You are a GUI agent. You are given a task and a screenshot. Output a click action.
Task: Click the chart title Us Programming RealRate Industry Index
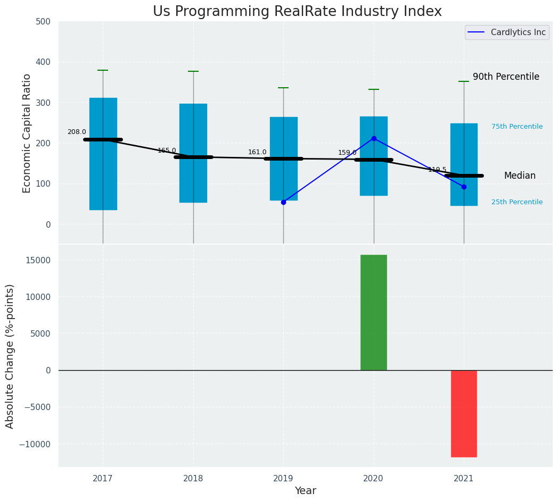click(297, 12)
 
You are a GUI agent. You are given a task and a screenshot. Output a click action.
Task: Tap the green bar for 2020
click(373, 312)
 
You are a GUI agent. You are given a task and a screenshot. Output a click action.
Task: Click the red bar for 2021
click(464, 413)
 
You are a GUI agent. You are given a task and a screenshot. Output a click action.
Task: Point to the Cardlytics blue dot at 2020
click(374, 138)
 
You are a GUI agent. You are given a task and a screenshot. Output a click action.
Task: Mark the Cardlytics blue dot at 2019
click(283, 202)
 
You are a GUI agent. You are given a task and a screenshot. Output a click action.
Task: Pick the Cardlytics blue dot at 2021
click(464, 187)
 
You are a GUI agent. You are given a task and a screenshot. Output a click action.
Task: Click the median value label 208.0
click(77, 132)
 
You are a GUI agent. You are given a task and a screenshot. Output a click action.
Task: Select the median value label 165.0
click(167, 151)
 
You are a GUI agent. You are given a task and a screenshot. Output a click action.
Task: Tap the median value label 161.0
click(257, 152)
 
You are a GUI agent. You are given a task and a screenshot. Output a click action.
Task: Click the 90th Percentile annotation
click(506, 77)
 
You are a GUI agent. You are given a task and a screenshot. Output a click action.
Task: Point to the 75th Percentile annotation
click(517, 127)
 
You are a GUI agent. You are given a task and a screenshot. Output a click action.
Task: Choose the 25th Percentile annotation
click(517, 202)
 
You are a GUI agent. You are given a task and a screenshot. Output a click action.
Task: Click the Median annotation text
click(520, 176)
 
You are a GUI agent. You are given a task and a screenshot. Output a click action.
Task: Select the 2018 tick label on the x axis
click(193, 479)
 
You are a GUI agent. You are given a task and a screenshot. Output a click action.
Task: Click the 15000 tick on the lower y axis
click(39, 260)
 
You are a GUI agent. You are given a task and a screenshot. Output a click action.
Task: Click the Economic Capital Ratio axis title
click(27, 133)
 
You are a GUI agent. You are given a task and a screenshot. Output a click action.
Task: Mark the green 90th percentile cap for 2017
click(103, 70)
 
